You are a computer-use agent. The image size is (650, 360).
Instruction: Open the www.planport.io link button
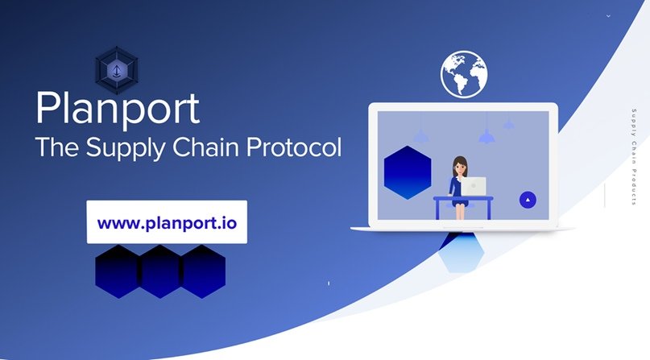167,221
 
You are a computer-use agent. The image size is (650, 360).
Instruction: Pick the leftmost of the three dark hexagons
118,271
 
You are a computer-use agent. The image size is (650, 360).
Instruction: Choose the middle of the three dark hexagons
160,271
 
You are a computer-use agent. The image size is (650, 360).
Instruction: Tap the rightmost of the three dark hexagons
202,271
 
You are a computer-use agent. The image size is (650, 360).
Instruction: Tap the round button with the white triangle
527,199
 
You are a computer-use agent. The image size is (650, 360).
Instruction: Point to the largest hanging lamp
486,136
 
